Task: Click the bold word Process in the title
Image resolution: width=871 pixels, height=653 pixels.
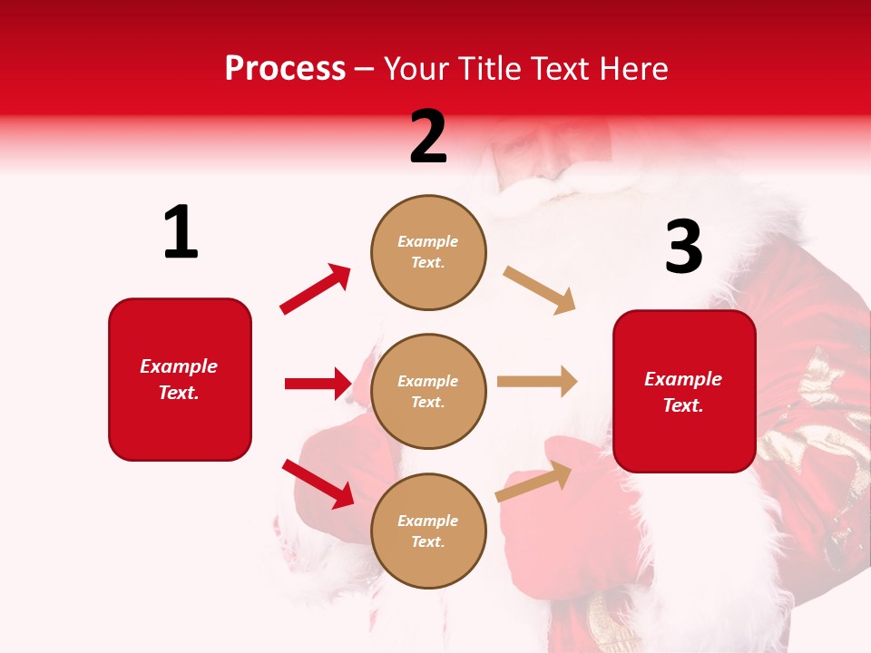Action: click(285, 69)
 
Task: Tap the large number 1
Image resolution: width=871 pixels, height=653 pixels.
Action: click(181, 233)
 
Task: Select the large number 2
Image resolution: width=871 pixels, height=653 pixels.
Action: click(428, 137)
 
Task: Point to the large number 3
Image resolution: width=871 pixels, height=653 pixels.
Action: click(683, 247)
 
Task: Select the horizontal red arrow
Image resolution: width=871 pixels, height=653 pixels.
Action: click(318, 384)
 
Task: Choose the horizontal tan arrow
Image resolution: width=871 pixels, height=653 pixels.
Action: click(537, 382)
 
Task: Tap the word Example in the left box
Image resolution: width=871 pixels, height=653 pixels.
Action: click(179, 366)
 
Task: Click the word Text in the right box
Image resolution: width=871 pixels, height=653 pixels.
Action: click(681, 405)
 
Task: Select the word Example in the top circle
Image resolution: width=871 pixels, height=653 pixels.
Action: click(428, 242)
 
